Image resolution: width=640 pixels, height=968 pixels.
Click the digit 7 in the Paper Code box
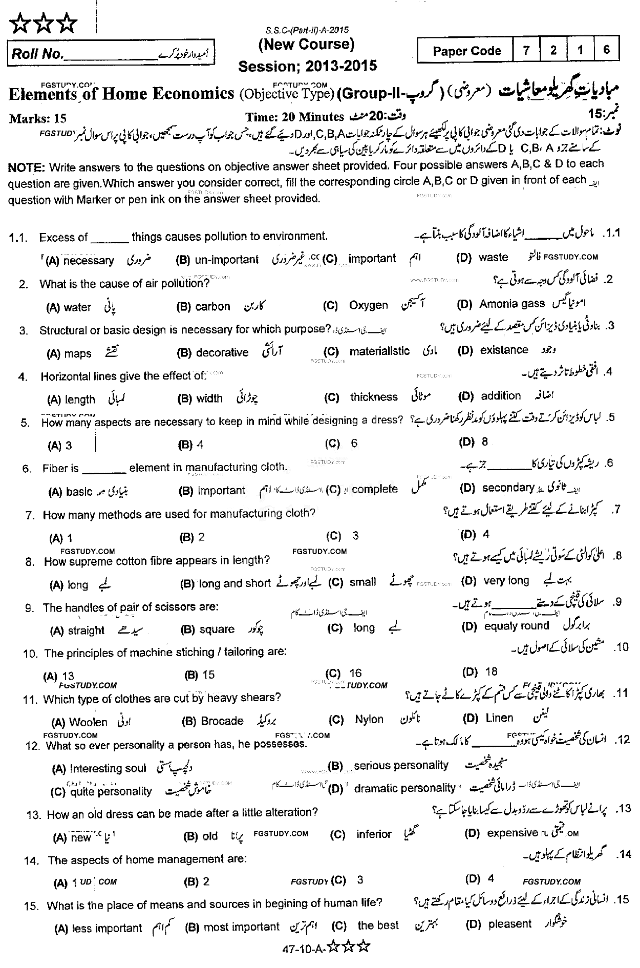tap(526, 51)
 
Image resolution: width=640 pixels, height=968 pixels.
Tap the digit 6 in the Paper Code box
tap(607, 50)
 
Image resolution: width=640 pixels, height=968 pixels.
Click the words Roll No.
tap(36, 54)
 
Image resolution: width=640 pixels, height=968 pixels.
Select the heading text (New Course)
tap(306, 45)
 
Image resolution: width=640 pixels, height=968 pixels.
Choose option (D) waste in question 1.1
tap(493, 257)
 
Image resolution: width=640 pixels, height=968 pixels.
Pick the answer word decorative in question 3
tap(222, 352)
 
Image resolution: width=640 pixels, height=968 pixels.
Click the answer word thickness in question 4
tap(374, 397)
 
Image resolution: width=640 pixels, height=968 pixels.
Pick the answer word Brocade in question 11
tap(222, 721)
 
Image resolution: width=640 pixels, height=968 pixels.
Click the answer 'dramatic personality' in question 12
tap(404, 788)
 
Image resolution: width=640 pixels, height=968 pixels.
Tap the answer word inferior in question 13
tap(374, 834)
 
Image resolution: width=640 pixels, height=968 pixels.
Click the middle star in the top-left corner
tap(44, 24)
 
